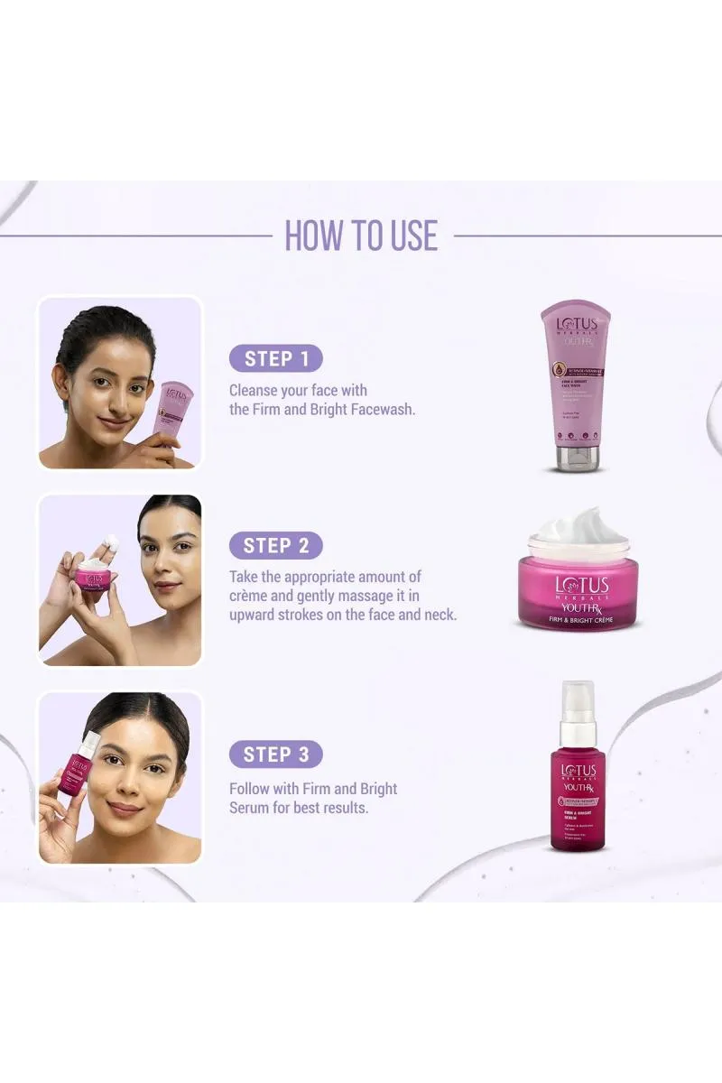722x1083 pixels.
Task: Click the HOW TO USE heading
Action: [361, 235]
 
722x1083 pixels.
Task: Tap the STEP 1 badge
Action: [275, 358]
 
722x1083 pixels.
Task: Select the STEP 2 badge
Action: [275, 545]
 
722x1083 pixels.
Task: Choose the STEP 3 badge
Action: [275, 754]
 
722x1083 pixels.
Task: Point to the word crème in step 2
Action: [252, 596]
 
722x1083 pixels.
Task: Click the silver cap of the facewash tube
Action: [575, 458]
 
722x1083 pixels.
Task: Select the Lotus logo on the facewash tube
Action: [575, 322]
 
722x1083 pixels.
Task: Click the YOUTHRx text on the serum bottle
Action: [578, 788]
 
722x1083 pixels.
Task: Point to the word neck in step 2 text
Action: [438, 615]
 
